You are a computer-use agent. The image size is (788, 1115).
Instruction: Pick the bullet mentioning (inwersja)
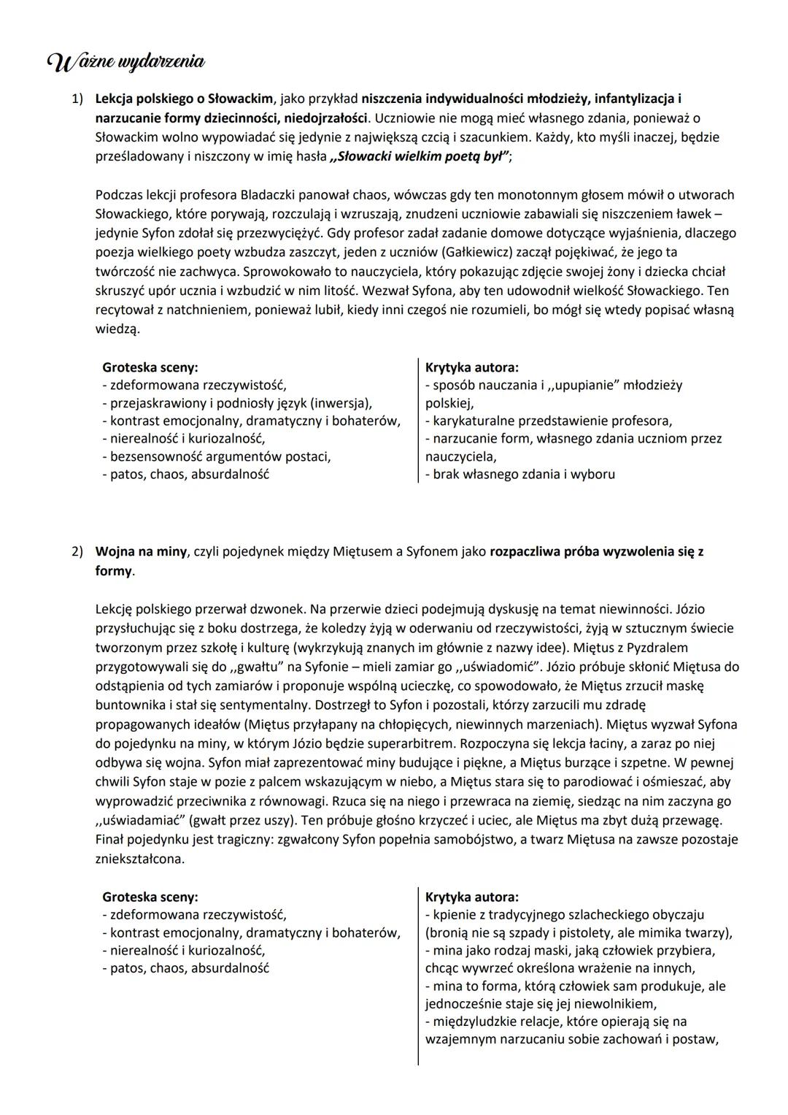pyautogui.click(x=237, y=403)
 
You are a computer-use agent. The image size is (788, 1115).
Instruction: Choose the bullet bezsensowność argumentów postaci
pyautogui.click(x=217, y=457)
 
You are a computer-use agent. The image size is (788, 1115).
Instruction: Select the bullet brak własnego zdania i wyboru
pyautogui.click(x=520, y=475)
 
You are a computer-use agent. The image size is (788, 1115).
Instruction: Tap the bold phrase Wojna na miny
pyautogui.click(x=141, y=552)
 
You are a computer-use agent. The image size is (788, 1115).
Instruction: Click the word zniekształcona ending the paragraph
pyautogui.click(x=139, y=859)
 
